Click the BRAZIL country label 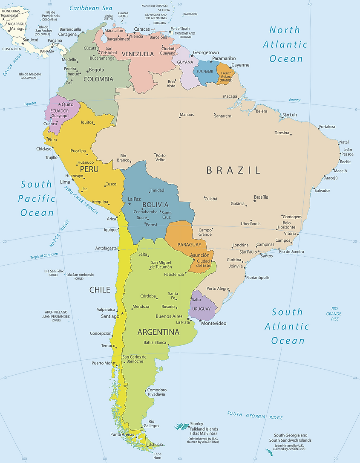click(x=233, y=171)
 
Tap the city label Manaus click(x=187, y=115)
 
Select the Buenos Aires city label click(x=169, y=316)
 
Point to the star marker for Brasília click(x=255, y=201)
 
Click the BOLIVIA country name click(x=156, y=205)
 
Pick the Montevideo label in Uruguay click(x=213, y=324)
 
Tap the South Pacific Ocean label click(x=37, y=198)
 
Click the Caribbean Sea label click(x=91, y=8)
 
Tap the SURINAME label click(x=204, y=72)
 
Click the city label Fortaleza click(x=327, y=127)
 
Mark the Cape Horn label click(x=157, y=456)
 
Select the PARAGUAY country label click(x=189, y=245)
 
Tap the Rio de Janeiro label click(x=291, y=252)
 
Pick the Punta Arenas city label click(x=122, y=434)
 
